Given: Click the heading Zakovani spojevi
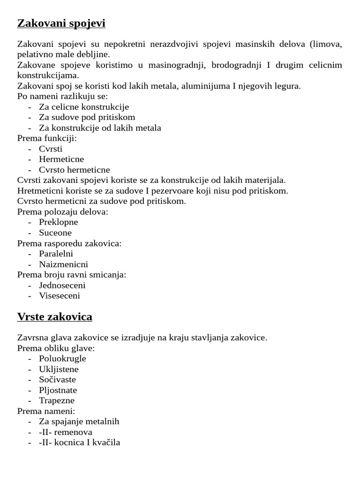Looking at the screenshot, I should pyautogui.click(x=61, y=23).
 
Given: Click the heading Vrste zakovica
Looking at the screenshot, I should pyautogui.click(x=54, y=317).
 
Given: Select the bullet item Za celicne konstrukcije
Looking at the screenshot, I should pyautogui.click(x=84, y=107).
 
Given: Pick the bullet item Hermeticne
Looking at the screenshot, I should pyautogui.click(x=61, y=159).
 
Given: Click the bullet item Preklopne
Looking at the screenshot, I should pyautogui.click(x=58, y=222).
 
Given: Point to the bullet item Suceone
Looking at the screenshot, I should pyautogui.click(x=55, y=233).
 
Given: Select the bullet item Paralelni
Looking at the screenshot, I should pyautogui.click(x=56, y=254).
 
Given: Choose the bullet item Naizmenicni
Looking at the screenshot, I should pyautogui.click(x=63, y=264).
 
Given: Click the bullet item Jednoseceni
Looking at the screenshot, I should pyautogui.click(x=62, y=285).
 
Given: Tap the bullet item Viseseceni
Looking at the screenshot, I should pyautogui.click(x=60, y=296).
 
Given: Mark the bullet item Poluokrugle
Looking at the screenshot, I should pyautogui.click(x=62, y=359).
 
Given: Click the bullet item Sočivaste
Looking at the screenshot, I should pyautogui.click(x=57, y=380).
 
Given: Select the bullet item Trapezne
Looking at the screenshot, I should pyautogui.click(x=57, y=401).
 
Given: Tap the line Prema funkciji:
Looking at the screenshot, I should pyautogui.click(x=47, y=138).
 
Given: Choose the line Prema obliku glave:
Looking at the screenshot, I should pyautogui.click(x=56, y=348).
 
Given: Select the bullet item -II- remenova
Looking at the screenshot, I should pyautogui.click(x=66, y=432).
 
